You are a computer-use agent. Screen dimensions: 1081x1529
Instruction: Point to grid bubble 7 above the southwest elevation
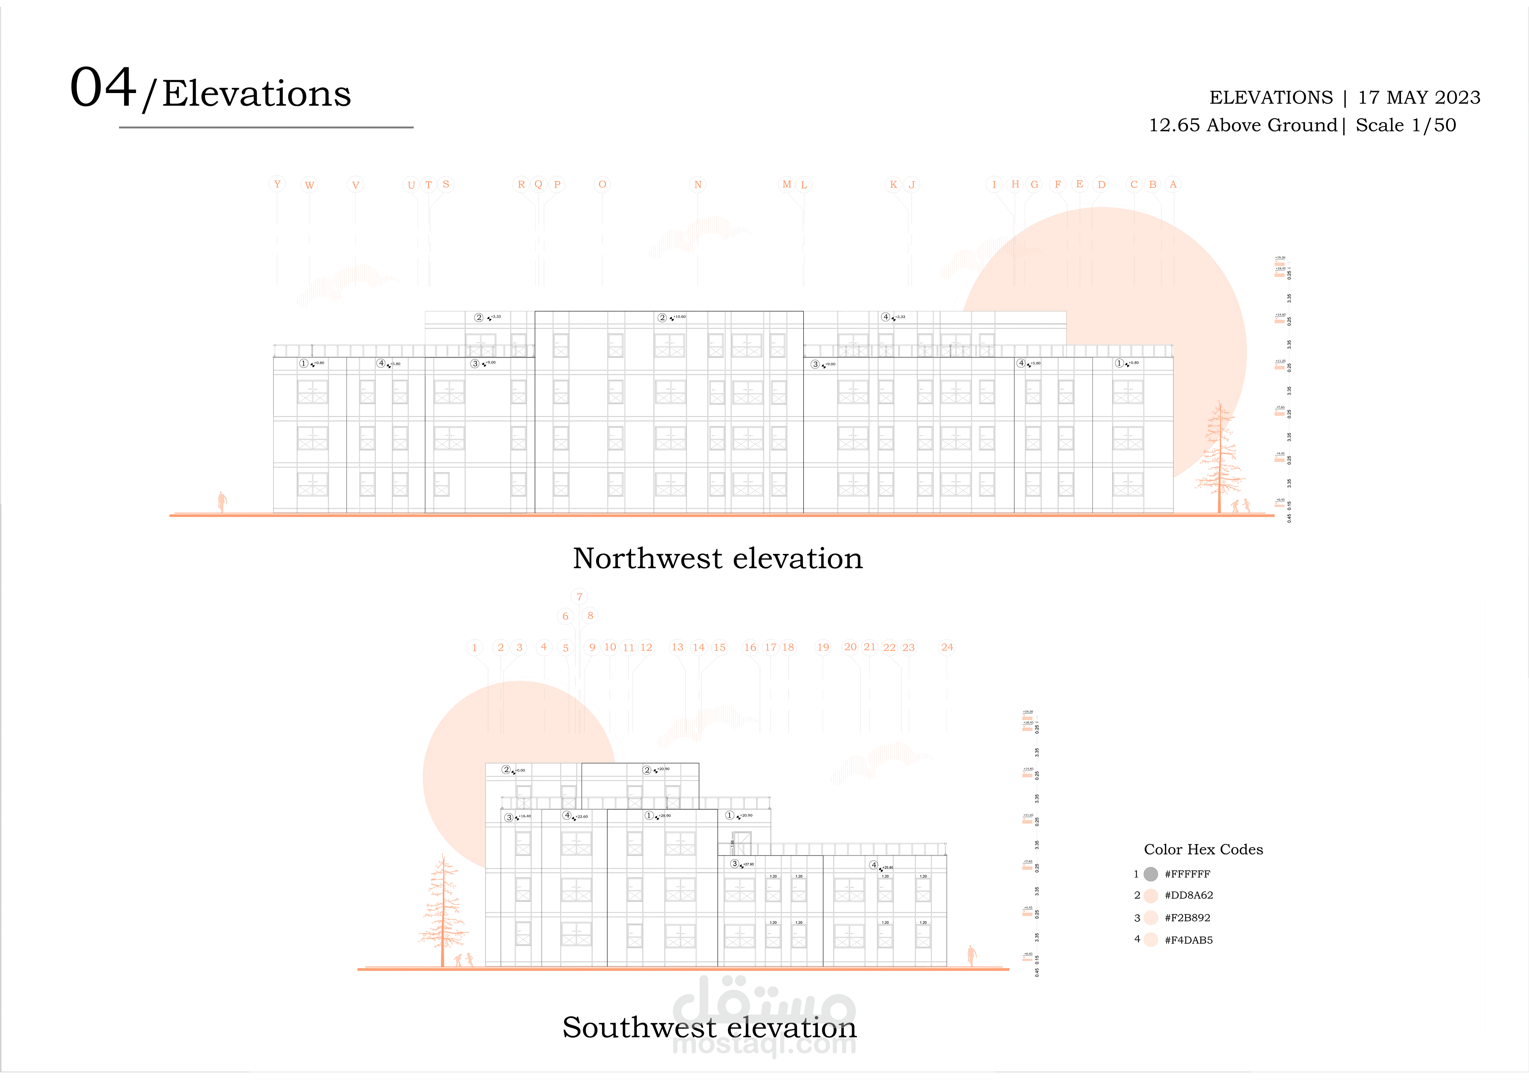coord(579,597)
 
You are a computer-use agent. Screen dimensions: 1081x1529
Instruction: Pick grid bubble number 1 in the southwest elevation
coord(474,647)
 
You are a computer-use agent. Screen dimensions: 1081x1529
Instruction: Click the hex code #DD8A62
coord(1189,895)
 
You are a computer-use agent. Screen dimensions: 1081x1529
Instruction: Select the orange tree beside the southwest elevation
coord(442,913)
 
